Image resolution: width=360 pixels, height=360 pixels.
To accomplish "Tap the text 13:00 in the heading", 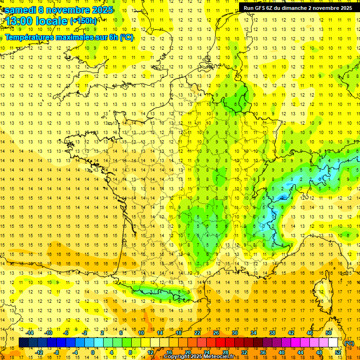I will [20, 21].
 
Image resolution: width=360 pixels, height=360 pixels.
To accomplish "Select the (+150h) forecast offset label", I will [83, 21].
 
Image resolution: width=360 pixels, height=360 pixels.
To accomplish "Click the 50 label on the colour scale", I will [328, 333].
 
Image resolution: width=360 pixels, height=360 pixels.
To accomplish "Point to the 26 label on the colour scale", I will [216, 333].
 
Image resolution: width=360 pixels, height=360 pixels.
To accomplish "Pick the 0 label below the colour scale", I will [93, 352].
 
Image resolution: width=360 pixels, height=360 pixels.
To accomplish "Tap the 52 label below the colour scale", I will [337, 352].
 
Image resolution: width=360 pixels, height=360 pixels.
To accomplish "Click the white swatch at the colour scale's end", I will [333, 343].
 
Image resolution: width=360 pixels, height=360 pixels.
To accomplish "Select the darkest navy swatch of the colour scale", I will [23, 343].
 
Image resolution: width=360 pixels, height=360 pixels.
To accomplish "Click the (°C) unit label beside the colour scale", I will [349, 343].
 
